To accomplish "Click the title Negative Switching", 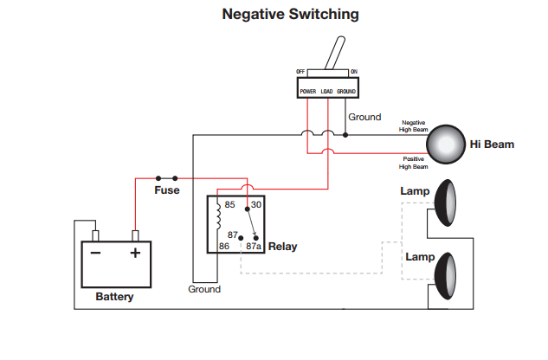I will pos(290,15).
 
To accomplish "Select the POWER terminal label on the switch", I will pos(307,91).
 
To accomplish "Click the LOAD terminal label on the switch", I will pos(326,91).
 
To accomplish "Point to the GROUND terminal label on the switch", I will pos(346,91).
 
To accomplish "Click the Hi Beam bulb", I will pos(447,144).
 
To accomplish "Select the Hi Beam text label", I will pos(491,145).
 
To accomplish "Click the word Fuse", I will pos(167,190).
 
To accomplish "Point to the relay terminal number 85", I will pos(230,205).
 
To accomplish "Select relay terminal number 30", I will pos(256,205).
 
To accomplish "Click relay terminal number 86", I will pos(224,247).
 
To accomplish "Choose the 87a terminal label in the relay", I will pos(254,247).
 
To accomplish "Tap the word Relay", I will pos(283,247).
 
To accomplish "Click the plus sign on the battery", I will pos(135,254).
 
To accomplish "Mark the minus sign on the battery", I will pos(96,254).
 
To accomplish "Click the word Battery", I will pos(115,297).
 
